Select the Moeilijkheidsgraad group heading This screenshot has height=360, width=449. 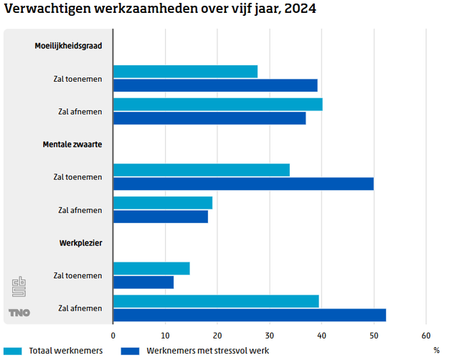tap(68, 46)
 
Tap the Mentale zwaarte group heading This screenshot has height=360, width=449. tap(72, 144)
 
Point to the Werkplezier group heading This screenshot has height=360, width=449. tap(80, 243)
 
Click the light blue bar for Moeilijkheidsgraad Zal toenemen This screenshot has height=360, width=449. tap(185, 71)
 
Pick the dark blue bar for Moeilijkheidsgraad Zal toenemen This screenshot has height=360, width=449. tap(215, 85)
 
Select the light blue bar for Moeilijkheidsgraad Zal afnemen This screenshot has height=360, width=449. tap(217, 105)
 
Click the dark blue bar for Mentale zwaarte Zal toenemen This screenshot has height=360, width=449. tap(243, 184)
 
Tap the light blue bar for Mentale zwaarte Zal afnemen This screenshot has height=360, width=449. tap(163, 203)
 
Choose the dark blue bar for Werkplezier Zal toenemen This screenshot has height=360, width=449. tap(143, 283)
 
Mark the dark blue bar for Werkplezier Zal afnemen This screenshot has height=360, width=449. tap(250, 315)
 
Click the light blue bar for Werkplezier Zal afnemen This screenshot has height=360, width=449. tap(216, 301)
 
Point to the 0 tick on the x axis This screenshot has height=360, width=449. tap(113, 336)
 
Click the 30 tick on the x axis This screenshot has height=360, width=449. tap(270, 336)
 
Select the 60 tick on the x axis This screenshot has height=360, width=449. tap(426, 336)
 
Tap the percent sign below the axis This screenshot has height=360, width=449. tap(436, 351)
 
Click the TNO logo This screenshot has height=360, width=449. tap(19, 313)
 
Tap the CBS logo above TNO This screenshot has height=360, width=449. tap(19, 288)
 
